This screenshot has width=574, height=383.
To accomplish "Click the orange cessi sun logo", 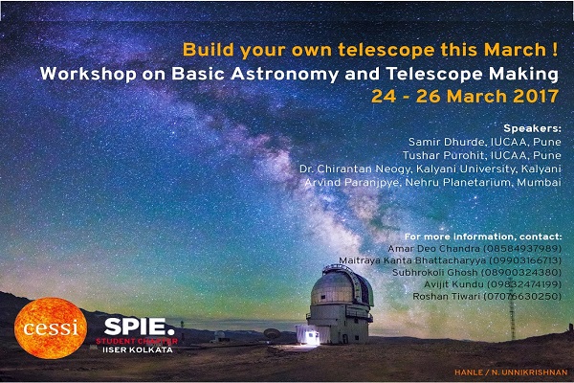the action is click(x=51, y=327).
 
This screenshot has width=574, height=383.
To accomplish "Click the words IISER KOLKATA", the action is click(x=138, y=350).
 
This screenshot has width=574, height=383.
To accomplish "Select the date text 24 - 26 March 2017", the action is click(x=465, y=97).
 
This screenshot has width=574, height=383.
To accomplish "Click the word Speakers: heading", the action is click(x=532, y=128).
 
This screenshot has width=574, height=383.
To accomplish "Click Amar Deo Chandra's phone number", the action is click(x=522, y=249).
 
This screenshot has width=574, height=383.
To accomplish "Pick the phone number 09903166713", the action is click(x=525, y=260).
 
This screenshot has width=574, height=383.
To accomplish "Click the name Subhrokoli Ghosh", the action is click(x=435, y=272).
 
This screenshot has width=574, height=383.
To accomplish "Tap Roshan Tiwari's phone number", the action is click(x=522, y=296).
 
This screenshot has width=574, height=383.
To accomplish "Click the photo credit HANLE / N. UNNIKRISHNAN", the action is click(x=511, y=372).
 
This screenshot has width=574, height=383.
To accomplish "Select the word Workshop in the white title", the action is click(x=88, y=74).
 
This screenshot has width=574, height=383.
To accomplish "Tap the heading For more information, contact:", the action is click(x=483, y=237).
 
